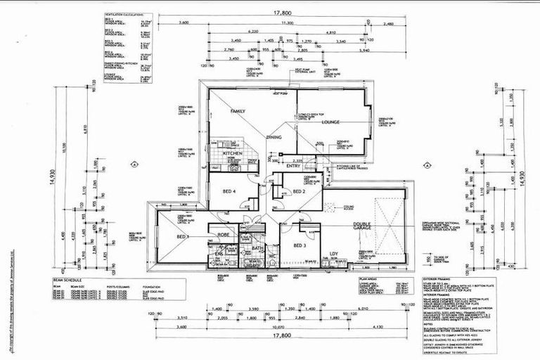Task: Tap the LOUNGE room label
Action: pos(330,122)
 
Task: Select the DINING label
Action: pos(274,138)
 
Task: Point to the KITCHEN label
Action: pos(233,153)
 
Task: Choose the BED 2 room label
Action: pos(299,191)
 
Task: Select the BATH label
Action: pos(257,248)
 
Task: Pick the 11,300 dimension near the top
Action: pos(286,23)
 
